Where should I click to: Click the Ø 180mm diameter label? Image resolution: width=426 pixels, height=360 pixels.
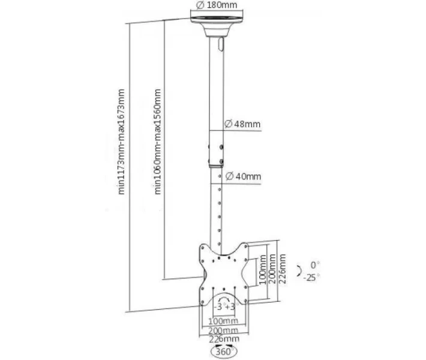(x=217, y=5)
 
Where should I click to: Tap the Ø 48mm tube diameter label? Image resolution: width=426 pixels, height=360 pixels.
(x=242, y=124)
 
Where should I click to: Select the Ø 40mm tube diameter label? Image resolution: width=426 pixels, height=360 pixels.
(x=243, y=176)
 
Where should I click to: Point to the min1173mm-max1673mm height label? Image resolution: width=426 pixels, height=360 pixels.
(x=121, y=142)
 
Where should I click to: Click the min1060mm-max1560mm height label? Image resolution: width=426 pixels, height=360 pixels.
(x=157, y=142)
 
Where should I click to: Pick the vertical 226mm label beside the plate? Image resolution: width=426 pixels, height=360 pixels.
(x=283, y=269)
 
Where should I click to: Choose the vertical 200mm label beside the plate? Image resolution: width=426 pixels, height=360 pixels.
(x=272, y=269)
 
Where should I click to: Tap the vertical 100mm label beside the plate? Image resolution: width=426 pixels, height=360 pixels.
(x=262, y=269)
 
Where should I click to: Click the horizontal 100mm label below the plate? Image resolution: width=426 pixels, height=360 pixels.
(x=223, y=321)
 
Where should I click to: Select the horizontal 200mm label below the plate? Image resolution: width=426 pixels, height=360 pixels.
(x=223, y=331)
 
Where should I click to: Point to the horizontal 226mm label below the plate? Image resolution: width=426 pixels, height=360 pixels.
(x=224, y=339)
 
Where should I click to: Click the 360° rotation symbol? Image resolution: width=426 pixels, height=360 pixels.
(x=224, y=351)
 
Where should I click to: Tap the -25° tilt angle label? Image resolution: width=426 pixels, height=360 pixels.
(x=311, y=277)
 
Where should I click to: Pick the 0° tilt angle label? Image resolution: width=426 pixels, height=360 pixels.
(x=315, y=265)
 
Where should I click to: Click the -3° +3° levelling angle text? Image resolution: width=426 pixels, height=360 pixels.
(x=224, y=307)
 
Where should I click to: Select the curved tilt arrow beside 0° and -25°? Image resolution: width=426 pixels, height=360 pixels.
(x=300, y=271)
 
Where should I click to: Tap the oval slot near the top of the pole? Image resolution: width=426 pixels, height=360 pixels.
(x=221, y=44)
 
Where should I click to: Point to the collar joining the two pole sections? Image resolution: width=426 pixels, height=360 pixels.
(x=216, y=149)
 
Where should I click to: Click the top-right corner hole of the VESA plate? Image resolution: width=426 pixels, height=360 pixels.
(x=246, y=247)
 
